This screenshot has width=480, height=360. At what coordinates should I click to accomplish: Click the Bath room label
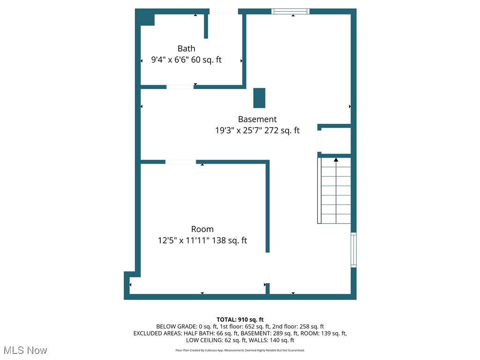pyautogui.click(x=186, y=48)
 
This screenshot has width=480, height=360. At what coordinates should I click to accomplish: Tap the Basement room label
pyautogui.click(x=257, y=119)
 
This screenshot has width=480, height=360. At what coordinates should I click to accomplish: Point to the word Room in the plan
pyautogui.click(x=202, y=229)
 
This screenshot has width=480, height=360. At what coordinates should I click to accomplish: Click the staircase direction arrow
pyautogui.click(x=336, y=160)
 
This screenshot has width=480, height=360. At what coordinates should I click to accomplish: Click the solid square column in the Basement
pyautogui.click(x=259, y=97)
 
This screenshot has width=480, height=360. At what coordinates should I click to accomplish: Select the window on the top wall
pyautogui.click(x=290, y=11)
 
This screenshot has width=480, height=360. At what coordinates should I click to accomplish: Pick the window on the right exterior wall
pyautogui.click(x=353, y=250)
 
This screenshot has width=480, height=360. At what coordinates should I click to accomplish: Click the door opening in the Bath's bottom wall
pyautogui.click(x=180, y=87)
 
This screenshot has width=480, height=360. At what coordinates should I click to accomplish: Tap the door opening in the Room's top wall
pyautogui.click(x=180, y=162)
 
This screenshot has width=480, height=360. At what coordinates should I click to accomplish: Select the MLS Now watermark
pyautogui.click(x=25, y=350)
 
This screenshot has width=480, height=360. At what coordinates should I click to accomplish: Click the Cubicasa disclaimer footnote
pyautogui.click(x=240, y=350)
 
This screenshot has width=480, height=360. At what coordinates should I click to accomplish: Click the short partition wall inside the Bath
pyautogui.click(x=206, y=26)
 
